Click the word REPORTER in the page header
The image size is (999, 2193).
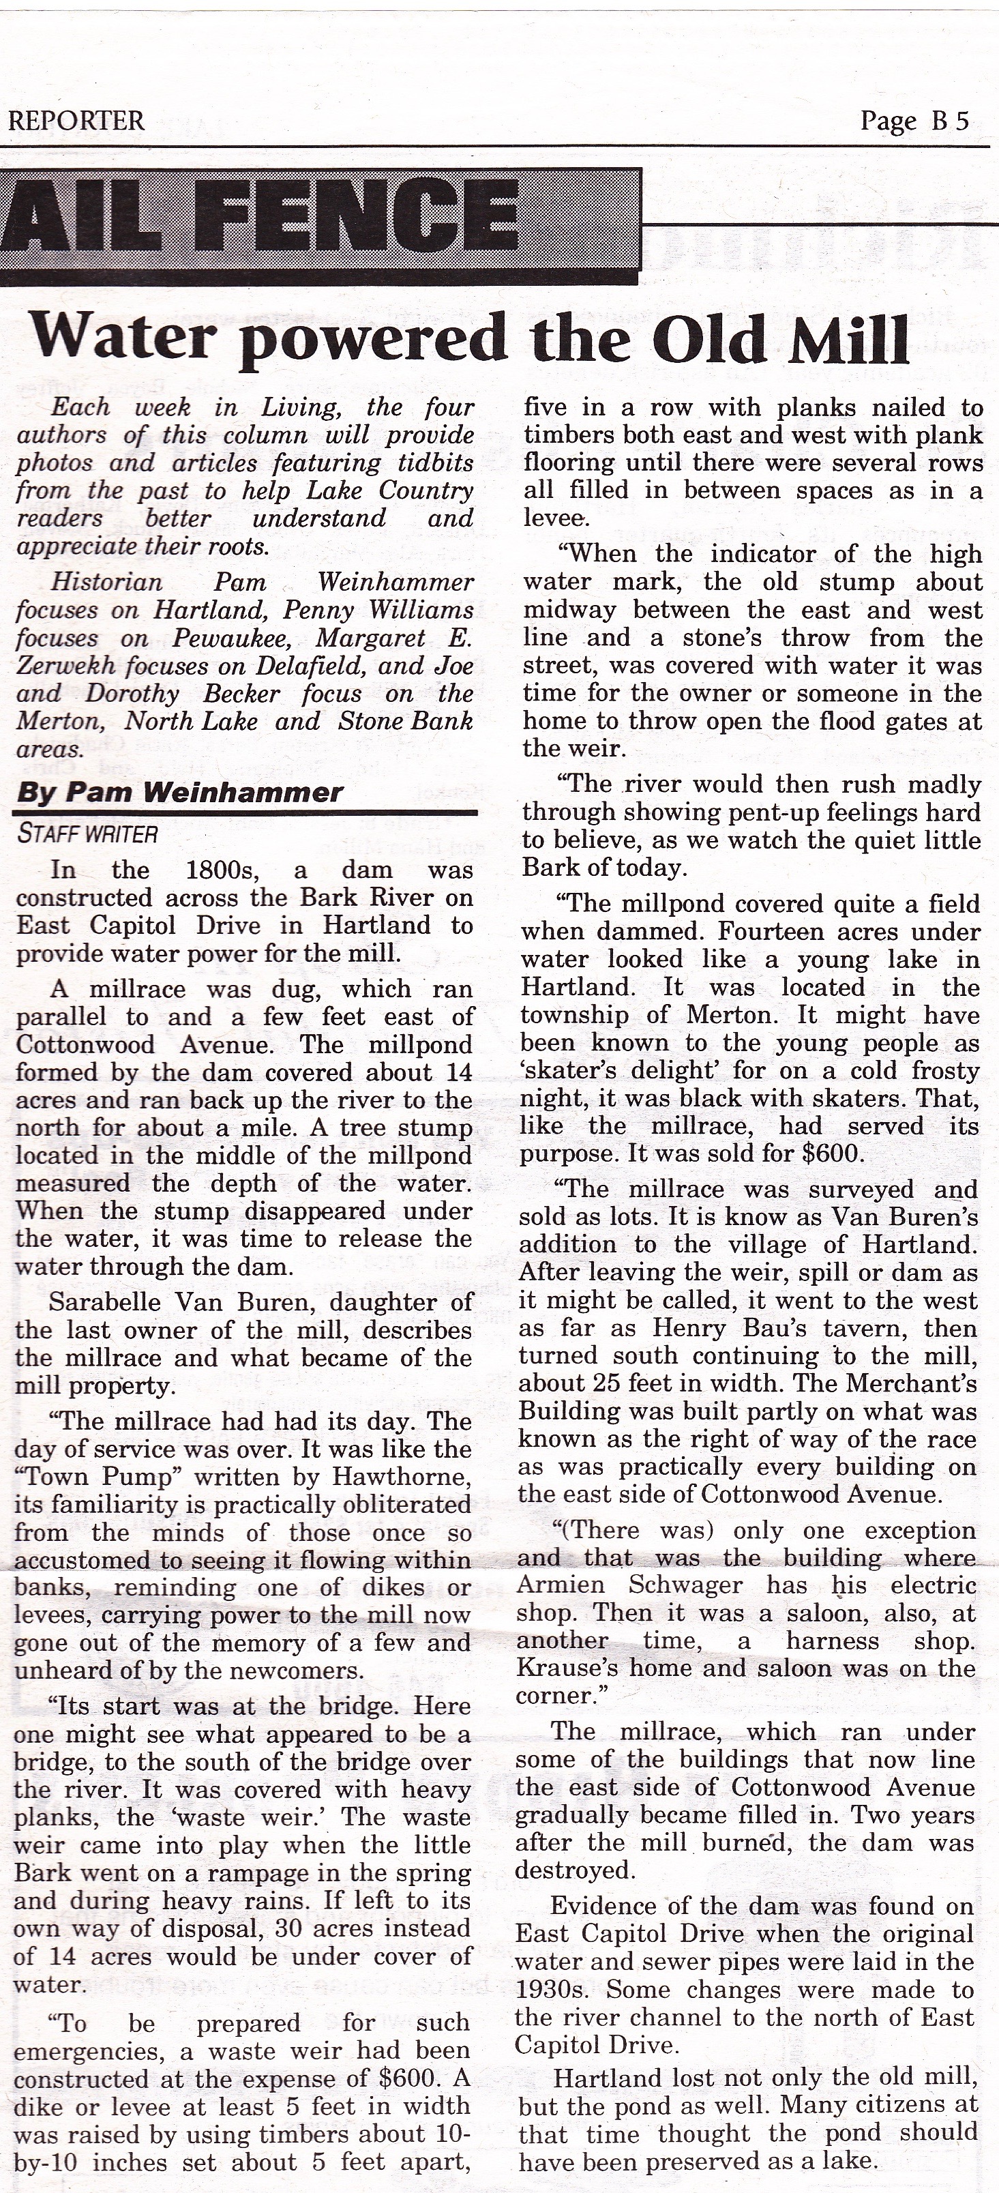[x=76, y=121]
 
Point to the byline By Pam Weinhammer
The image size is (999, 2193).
[x=179, y=793]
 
